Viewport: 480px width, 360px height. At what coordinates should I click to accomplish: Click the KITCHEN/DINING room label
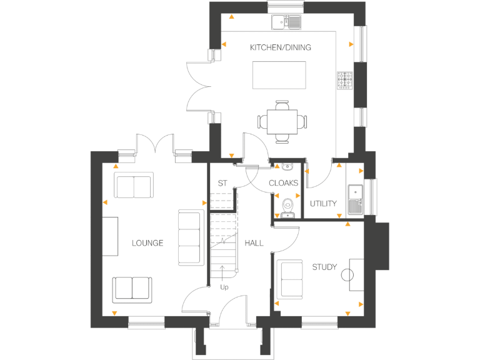point(281,47)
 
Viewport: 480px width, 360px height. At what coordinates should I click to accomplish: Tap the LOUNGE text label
point(147,242)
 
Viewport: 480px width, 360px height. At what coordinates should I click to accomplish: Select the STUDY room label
point(324,267)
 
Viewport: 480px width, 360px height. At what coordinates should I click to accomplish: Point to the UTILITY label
point(323,204)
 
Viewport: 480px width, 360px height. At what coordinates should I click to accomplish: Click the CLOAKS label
point(283,183)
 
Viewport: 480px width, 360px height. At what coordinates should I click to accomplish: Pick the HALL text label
point(254,242)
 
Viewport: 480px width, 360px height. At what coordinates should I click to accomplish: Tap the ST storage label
point(222,183)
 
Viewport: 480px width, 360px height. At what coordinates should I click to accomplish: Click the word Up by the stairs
point(224,287)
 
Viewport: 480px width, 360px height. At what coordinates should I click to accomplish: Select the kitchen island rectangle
point(279,76)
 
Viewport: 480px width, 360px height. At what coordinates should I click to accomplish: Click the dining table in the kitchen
point(282,119)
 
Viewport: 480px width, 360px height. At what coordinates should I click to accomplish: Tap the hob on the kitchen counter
point(345,79)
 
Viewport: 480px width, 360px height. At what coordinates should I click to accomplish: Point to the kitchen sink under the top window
point(287,22)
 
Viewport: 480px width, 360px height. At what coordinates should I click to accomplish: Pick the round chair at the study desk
point(347,274)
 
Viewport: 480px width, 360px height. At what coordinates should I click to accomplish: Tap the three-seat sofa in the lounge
point(191,237)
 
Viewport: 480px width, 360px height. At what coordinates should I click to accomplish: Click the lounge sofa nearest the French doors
point(133,186)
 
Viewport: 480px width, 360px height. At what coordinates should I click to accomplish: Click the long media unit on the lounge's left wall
point(111,236)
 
